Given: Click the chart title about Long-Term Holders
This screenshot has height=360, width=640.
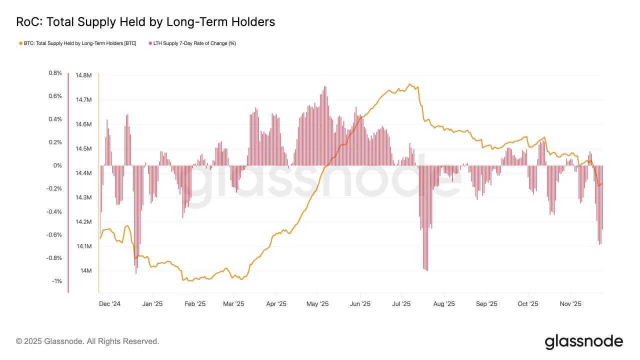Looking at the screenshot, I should pyautogui.click(x=145, y=22).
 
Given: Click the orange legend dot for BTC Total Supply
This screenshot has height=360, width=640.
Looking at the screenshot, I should pyautogui.click(x=20, y=43).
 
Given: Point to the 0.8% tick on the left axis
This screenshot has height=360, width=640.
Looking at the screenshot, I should pyautogui.click(x=55, y=73).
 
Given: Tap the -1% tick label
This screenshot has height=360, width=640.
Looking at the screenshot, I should pyautogui.click(x=56, y=281).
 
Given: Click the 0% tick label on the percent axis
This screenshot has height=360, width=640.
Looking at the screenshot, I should pyautogui.click(x=58, y=165).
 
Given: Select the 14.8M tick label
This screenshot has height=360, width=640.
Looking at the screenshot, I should pyautogui.click(x=83, y=75).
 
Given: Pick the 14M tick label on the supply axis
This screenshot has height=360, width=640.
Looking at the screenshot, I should pyautogui.click(x=85, y=270).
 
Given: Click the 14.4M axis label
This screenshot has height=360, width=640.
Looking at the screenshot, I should pyautogui.click(x=83, y=173).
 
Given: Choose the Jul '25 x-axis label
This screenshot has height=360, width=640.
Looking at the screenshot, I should pyautogui.click(x=401, y=303).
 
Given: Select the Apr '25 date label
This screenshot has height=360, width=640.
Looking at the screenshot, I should pyautogui.click(x=276, y=303).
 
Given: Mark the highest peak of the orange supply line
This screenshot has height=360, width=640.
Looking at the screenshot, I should pyautogui.click(x=410, y=84).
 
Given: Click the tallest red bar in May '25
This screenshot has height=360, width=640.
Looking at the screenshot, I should pyautogui.click(x=325, y=87).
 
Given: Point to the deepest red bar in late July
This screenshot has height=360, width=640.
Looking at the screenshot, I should pyautogui.click(x=427, y=270).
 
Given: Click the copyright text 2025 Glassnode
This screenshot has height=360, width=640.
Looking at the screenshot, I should pyautogui.click(x=87, y=341).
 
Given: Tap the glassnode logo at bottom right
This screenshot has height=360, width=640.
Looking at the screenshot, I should pyautogui.click(x=583, y=341).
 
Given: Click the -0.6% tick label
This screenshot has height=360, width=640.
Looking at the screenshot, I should pyautogui.click(x=55, y=235).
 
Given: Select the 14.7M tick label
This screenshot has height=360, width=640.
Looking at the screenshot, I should pyautogui.click(x=83, y=100).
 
